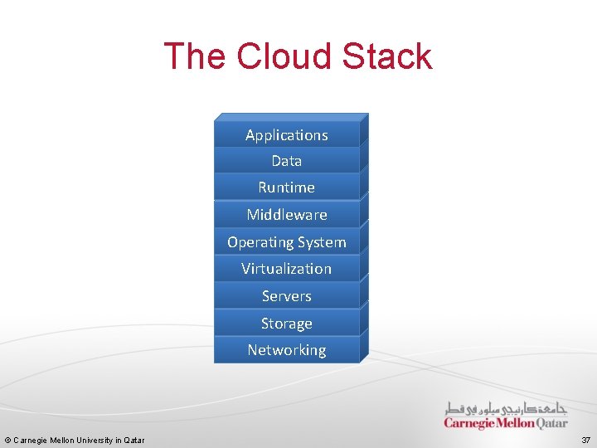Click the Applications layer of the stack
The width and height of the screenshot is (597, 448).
click(287, 134)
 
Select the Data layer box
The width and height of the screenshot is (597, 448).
click(287, 161)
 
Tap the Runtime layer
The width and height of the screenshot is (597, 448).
click(287, 187)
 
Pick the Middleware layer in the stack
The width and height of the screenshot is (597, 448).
click(287, 215)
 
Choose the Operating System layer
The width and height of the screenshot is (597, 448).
click(287, 242)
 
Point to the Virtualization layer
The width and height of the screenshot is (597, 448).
click(287, 269)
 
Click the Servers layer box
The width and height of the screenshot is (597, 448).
click(287, 296)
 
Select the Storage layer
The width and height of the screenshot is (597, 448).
click(287, 324)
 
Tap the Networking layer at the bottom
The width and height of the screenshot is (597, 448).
click(287, 350)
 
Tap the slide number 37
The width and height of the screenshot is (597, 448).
click(585, 440)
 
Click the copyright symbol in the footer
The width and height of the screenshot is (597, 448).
click(7, 440)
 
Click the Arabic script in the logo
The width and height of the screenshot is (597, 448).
click(506, 408)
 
